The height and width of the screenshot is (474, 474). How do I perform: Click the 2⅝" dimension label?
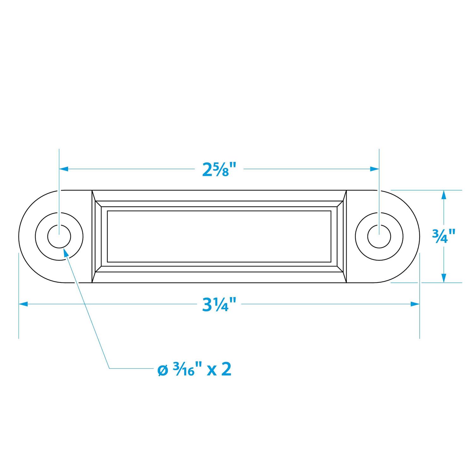click(219, 169)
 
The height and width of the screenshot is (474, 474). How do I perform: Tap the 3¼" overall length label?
click(219, 304)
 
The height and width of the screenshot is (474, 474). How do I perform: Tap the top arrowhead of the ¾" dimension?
click(444, 194)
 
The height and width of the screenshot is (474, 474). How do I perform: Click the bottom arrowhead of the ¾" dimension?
click(444, 278)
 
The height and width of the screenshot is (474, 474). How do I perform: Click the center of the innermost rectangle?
click(219, 236)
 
